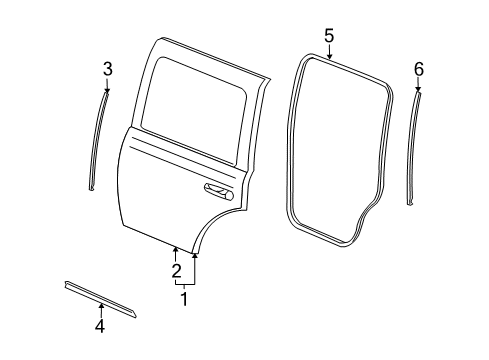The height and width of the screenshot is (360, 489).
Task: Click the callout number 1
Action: click(183, 298)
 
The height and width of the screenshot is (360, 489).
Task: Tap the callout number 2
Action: click(176, 271)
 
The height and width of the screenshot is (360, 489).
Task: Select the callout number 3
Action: click(107, 68)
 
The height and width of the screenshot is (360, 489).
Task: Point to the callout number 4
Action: click(100, 325)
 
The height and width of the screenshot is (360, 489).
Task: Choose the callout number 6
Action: click(419, 68)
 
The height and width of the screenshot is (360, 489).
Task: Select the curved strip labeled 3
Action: click(98, 140)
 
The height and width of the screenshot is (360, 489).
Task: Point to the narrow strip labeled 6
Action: click(414, 150)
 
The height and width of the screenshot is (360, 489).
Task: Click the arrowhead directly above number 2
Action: click(176, 249)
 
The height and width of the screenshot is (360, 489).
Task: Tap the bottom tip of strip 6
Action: click(409, 205)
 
